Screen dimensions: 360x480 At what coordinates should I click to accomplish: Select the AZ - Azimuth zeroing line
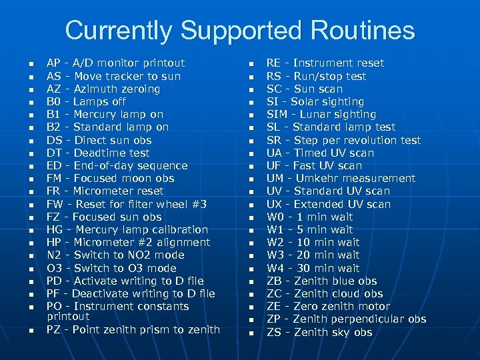tap(103, 89)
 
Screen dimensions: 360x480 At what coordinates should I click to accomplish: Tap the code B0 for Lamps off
tap(53, 101)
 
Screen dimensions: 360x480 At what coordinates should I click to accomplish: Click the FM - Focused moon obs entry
tap(110, 178)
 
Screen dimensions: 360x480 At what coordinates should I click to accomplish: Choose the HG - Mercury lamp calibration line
tap(127, 229)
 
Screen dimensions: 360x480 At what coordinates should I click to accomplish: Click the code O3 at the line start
tap(53, 268)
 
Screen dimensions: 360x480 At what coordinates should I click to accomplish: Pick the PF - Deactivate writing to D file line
tap(131, 293)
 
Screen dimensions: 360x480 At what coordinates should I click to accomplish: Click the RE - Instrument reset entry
tap(325, 63)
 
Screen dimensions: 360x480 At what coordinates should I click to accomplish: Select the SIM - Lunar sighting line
tap(321, 114)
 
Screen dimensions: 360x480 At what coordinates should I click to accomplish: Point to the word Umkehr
tap(314, 178)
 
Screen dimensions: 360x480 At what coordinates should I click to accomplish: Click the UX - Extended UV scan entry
tap(329, 204)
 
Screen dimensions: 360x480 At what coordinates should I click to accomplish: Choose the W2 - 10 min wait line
tap(313, 242)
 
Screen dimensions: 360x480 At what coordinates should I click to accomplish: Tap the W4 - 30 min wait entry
tap(313, 268)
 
